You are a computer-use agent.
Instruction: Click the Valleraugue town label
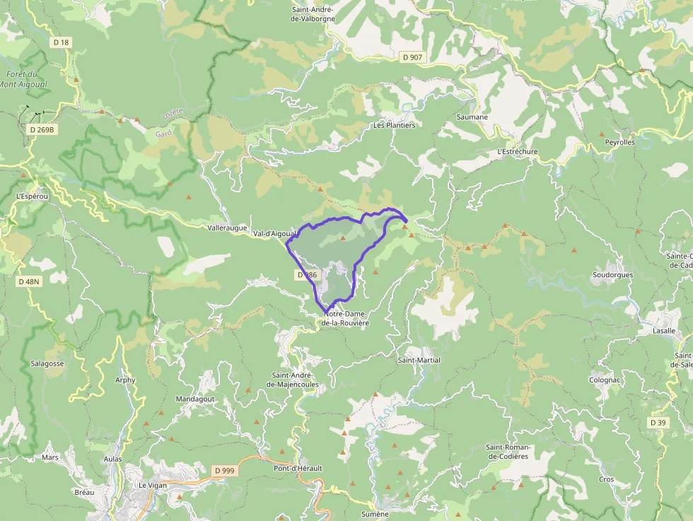228,228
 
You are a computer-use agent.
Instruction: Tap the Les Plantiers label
394,125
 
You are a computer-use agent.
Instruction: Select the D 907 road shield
412,57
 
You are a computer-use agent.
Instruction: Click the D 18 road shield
62,42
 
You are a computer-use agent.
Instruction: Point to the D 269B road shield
42,130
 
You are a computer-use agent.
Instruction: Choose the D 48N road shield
28,281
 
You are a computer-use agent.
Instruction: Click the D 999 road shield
224,470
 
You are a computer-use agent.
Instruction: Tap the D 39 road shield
658,423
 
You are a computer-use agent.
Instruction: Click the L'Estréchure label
517,151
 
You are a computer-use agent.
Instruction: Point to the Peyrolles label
619,142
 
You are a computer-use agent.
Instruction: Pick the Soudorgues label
612,274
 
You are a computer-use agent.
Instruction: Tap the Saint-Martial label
419,360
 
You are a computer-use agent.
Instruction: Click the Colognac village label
605,380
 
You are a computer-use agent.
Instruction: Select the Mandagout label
195,399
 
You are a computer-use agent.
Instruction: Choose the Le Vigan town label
153,486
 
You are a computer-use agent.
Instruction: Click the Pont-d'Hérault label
298,468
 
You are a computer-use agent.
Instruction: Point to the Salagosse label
47,363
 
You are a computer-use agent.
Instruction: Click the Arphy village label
125,380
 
